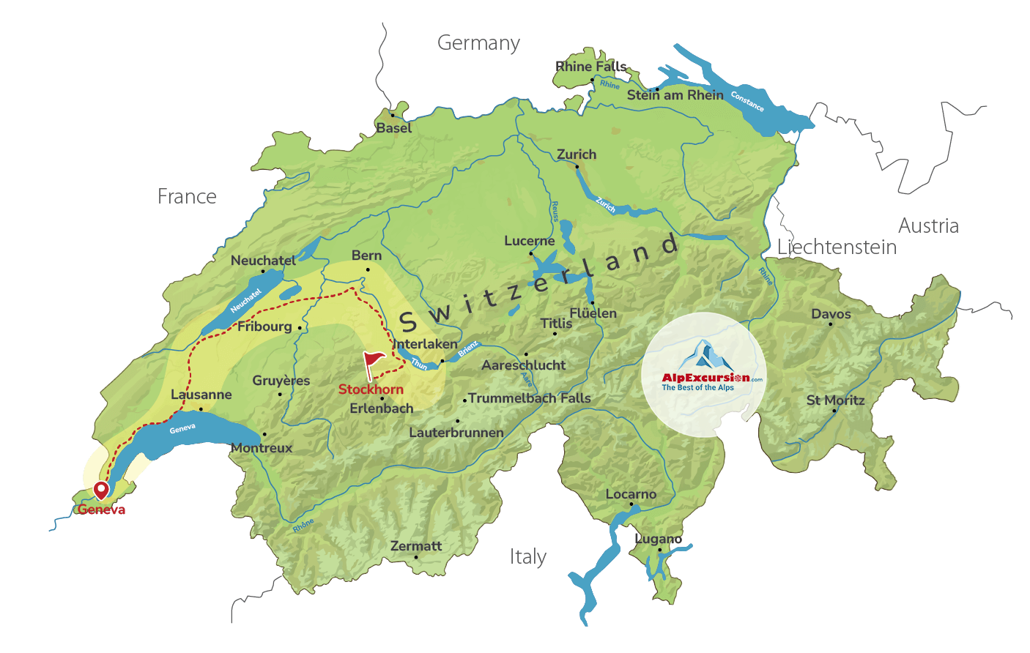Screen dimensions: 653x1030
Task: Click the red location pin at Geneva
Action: coord(101,490)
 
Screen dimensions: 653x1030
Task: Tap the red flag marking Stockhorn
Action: coord(374,362)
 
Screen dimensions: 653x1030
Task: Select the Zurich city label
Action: coord(577,154)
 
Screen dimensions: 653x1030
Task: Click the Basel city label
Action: coord(393,128)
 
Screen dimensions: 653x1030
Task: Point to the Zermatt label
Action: coord(416,546)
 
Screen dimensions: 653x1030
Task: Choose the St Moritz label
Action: coord(835,400)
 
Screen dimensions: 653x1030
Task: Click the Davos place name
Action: coord(831,314)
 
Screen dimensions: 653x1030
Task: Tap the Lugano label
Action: coord(658,539)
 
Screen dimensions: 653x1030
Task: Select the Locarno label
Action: coord(631,494)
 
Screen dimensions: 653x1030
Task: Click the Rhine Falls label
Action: coord(591,67)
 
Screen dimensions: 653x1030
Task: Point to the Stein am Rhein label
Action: coord(675,95)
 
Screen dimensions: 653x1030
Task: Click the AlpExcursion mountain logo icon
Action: coord(703,355)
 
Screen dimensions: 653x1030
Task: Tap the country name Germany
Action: coord(478,43)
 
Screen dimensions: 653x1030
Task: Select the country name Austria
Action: coord(928,225)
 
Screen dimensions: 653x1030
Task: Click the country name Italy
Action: coord(527,557)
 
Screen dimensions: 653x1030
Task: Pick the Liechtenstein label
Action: coord(837,247)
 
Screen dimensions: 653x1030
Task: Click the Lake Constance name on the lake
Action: coord(747,102)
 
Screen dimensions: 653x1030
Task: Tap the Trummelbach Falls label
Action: coord(529,398)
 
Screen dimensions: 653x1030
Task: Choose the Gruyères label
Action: coord(281,381)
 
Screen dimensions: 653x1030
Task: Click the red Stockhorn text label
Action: coord(371,389)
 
